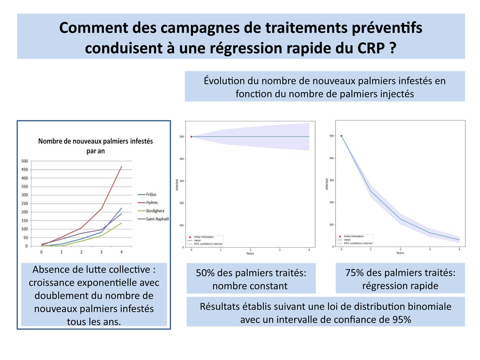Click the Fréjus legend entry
[x=151, y=194]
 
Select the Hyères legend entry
[x=152, y=203]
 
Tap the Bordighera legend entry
[x=155, y=211]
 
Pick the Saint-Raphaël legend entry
[x=157, y=219]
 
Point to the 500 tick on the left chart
[x=25, y=161]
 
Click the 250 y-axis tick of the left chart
[x=25, y=204]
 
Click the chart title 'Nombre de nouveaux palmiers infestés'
[x=95, y=141]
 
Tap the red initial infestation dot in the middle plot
[x=191, y=137]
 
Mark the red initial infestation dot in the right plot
[x=341, y=136]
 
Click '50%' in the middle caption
[x=205, y=273]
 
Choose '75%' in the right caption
[x=354, y=273]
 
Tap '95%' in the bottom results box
[x=402, y=320]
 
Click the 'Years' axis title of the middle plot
[x=250, y=254]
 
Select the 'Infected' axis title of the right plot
[x=327, y=184]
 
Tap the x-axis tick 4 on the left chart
[x=121, y=252]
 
